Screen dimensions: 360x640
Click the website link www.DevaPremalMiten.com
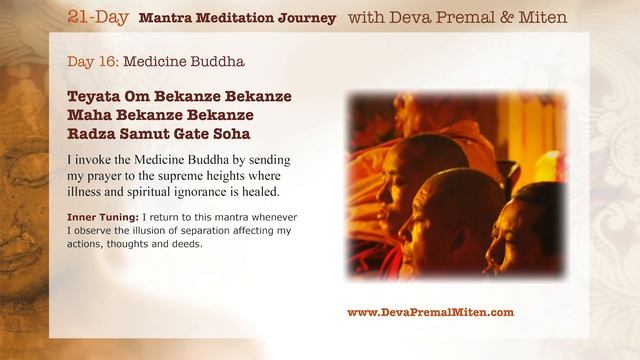click(430, 312)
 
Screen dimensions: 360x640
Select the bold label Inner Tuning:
click(103, 217)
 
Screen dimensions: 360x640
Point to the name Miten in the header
click(537, 18)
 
